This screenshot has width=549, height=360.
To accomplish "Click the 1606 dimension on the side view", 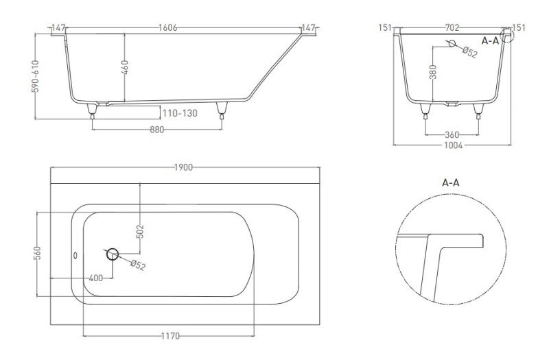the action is point(167,27).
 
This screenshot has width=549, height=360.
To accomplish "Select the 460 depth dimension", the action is point(125,67).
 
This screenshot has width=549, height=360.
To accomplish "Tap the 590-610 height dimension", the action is point(36,76).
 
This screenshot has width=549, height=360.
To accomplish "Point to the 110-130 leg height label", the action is point(180,113).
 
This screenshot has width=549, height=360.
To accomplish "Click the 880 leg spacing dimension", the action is point(157,130).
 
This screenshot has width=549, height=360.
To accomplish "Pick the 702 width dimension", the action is point(452,27).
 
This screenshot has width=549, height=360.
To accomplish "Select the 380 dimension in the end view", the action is point(433,72).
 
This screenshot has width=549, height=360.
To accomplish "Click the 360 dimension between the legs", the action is point(452,134).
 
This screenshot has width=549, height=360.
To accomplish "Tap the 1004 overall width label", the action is point(453,145).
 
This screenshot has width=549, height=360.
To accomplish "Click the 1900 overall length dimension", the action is point(183,167).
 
